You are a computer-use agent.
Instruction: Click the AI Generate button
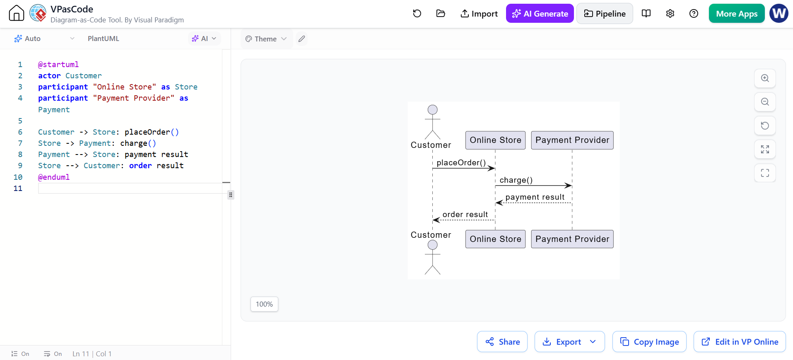pos(540,14)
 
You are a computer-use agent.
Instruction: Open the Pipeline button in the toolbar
pos(605,14)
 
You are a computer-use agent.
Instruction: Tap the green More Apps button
pos(737,14)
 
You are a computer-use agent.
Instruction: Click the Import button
pos(479,14)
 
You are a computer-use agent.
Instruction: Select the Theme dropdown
pos(266,39)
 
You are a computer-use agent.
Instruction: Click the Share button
pos(502,342)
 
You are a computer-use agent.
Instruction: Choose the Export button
pos(569,342)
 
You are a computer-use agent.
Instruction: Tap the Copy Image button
pos(649,342)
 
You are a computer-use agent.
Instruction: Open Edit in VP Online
pos(740,342)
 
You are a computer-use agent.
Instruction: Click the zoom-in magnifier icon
pos(765,78)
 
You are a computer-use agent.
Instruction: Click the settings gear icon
pos(670,14)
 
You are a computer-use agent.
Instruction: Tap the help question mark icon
pos(694,14)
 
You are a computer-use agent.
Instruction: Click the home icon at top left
pos(17,13)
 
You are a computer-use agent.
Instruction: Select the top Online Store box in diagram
pos(495,140)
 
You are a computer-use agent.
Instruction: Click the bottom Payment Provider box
pos(572,239)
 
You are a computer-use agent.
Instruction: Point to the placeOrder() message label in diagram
pos(461,162)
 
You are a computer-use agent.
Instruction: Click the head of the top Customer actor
pos(433,110)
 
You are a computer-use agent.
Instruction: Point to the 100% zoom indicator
pos(264,304)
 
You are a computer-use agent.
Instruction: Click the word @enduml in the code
pos(54,177)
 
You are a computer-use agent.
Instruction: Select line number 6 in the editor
pos(20,132)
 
